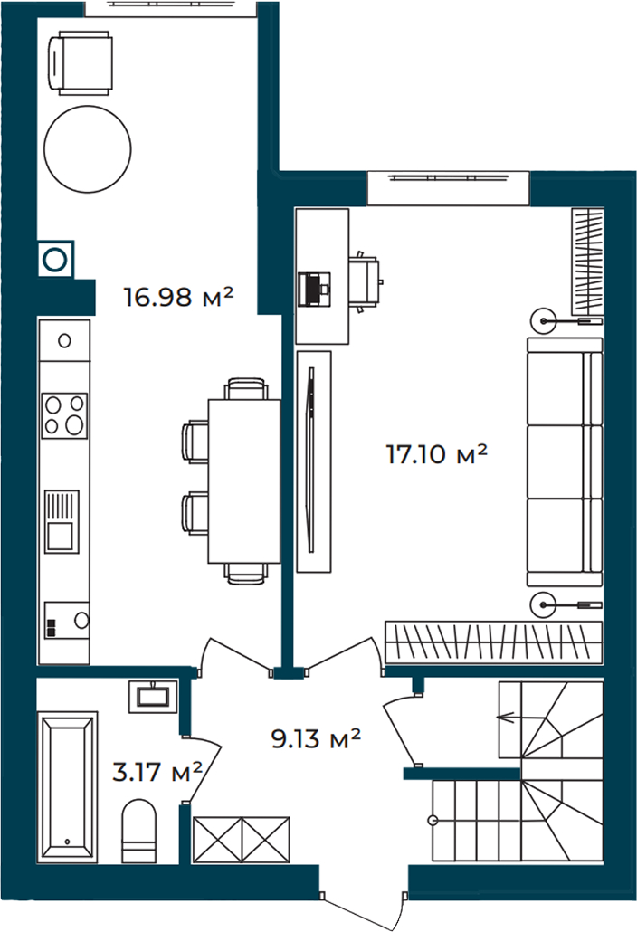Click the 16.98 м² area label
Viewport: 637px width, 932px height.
pyautogui.click(x=177, y=296)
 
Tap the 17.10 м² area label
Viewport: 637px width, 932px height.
pyautogui.click(x=437, y=454)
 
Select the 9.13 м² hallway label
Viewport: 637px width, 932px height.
pyautogui.click(x=316, y=739)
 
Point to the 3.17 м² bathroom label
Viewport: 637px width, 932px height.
pyautogui.click(x=157, y=772)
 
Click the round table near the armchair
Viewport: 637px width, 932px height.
pyautogui.click(x=88, y=149)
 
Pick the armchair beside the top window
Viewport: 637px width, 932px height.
pyautogui.click(x=80, y=64)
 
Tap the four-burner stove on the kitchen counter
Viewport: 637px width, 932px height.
pyautogui.click(x=65, y=415)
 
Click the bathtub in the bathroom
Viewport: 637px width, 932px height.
pyautogui.click(x=67, y=787)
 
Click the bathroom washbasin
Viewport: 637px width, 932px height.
pyautogui.click(x=153, y=696)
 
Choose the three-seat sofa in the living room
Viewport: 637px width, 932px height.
pyautogui.click(x=565, y=462)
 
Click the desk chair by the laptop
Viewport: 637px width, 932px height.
pyautogui.click(x=365, y=281)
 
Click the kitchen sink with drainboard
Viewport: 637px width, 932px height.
pyautogui.click(x=62, y=521)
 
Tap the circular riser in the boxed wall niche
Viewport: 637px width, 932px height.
pyautogui.click(x=55, y=259)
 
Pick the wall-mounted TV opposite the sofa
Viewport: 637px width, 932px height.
pyautogui.click(x=310, y=461)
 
